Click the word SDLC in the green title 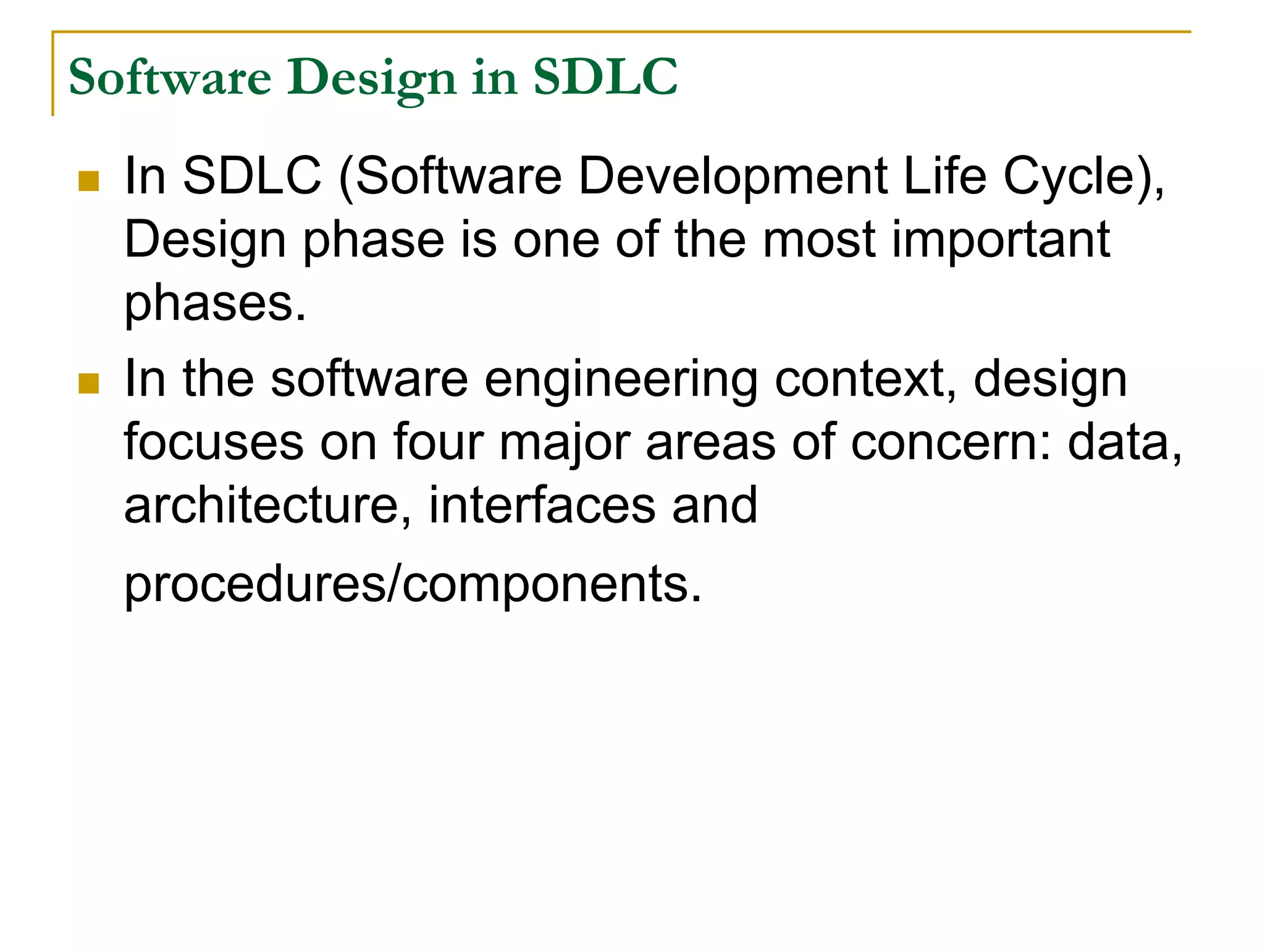(605, 77)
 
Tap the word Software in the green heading (170, 77)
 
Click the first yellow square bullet (89, 181)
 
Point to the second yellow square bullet (89, 384)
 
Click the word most (818, 241)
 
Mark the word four (438, 442)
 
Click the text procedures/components (413, 584)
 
